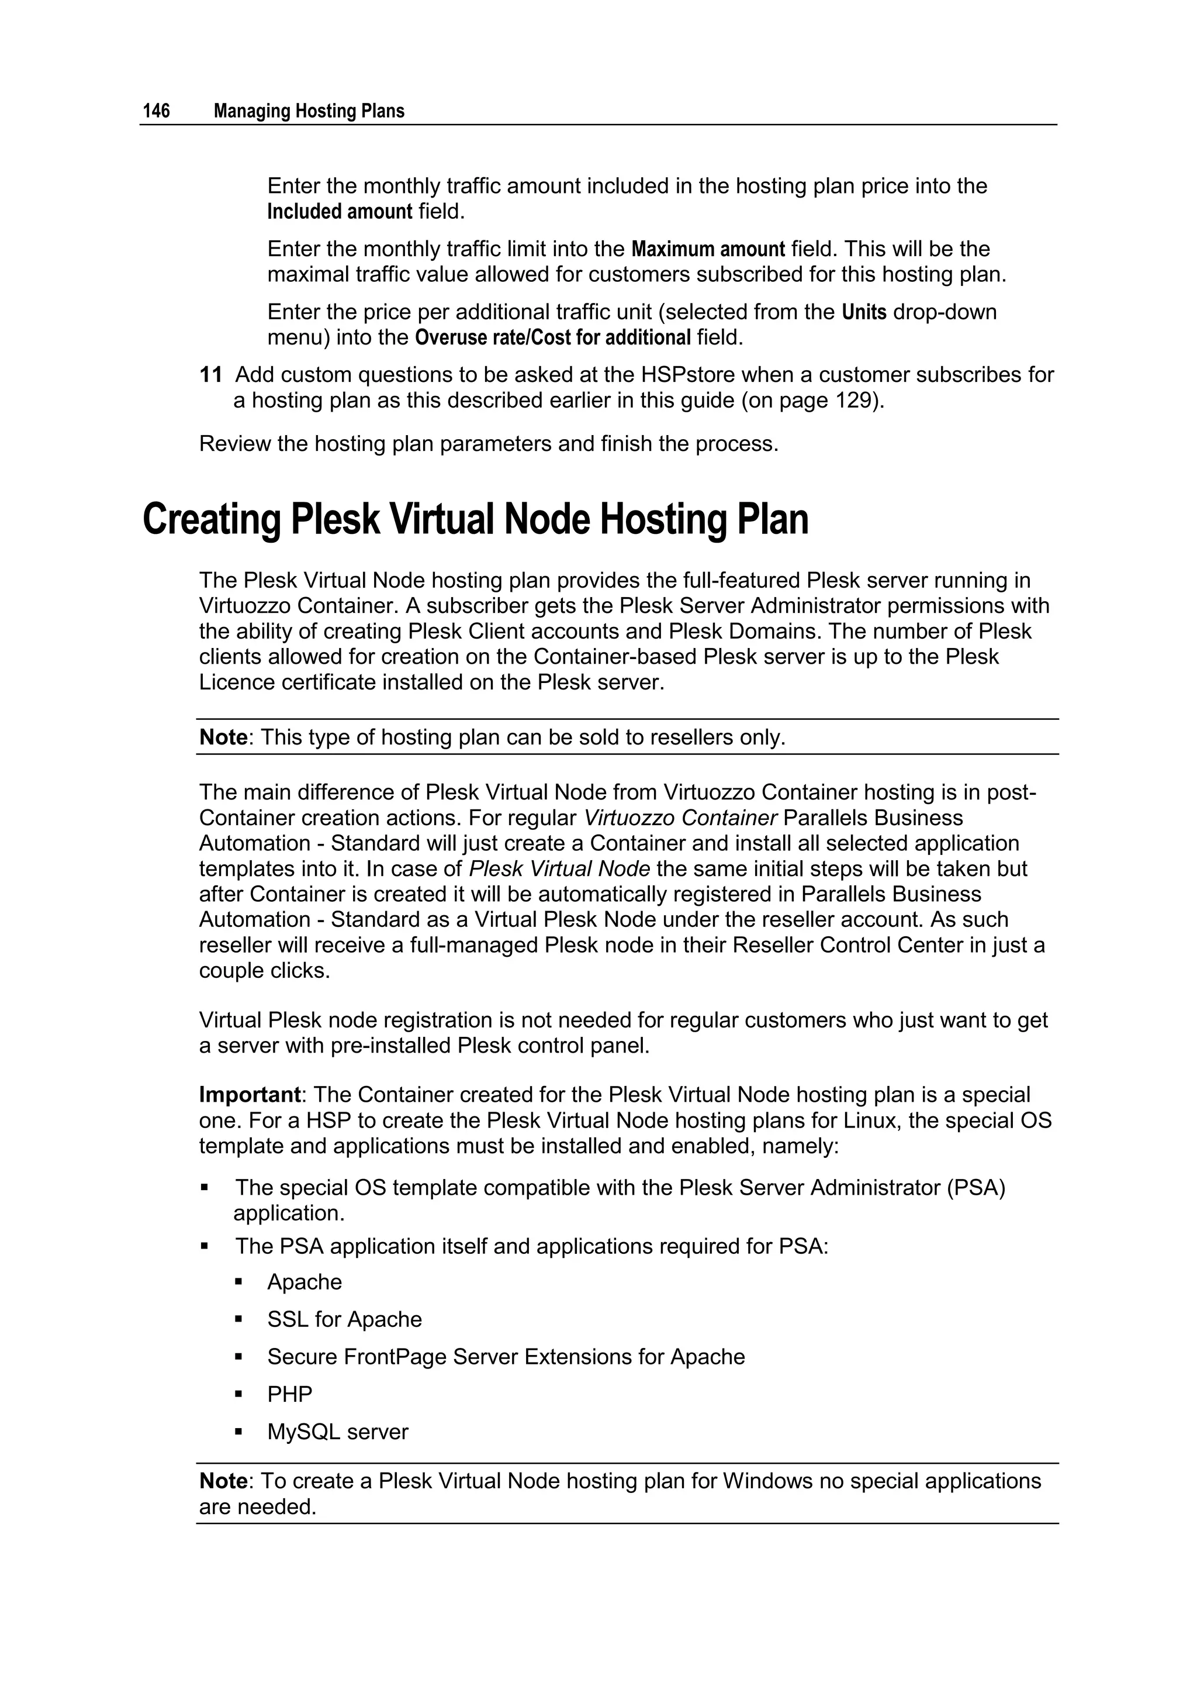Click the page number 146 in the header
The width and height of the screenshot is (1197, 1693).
tap(156, 111)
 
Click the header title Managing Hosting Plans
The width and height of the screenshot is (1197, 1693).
tap(309, 111)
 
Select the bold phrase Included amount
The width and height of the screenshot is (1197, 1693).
tap(339, 212)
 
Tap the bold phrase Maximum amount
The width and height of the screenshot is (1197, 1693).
tap(708, 249)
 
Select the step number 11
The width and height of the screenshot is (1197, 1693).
tap(211, 375)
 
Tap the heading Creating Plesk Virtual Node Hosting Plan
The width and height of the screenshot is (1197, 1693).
tap(475, 519)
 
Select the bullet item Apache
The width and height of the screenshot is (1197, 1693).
tap(305, 1282)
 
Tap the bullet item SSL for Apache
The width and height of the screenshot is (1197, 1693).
tap(344, 1319)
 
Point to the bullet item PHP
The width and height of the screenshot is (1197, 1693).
tap(290, 1394)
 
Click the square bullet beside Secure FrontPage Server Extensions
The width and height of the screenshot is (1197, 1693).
tap(239, 1356)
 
